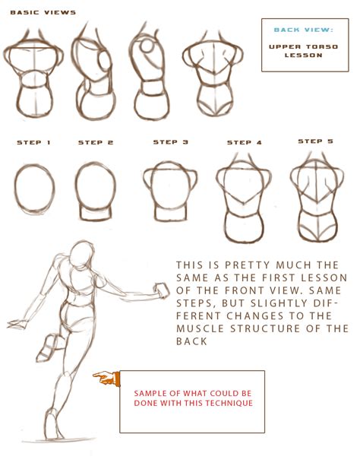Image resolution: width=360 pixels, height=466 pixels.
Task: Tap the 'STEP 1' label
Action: pos(33,143)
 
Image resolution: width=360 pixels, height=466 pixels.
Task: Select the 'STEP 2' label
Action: pos(95,143)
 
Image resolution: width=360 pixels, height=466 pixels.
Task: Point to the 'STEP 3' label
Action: pos(170,142)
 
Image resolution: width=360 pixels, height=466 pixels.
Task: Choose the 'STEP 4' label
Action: pos(244,143)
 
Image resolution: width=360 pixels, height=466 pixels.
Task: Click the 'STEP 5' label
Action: pos(315,141)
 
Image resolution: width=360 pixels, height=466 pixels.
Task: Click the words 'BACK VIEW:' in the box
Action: pos(303,30)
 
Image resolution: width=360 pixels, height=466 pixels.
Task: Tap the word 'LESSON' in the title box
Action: pos(304,55)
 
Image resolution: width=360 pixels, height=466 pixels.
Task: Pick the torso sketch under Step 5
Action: pos(315,202)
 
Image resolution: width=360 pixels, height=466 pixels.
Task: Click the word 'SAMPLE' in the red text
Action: pos(151,393)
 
